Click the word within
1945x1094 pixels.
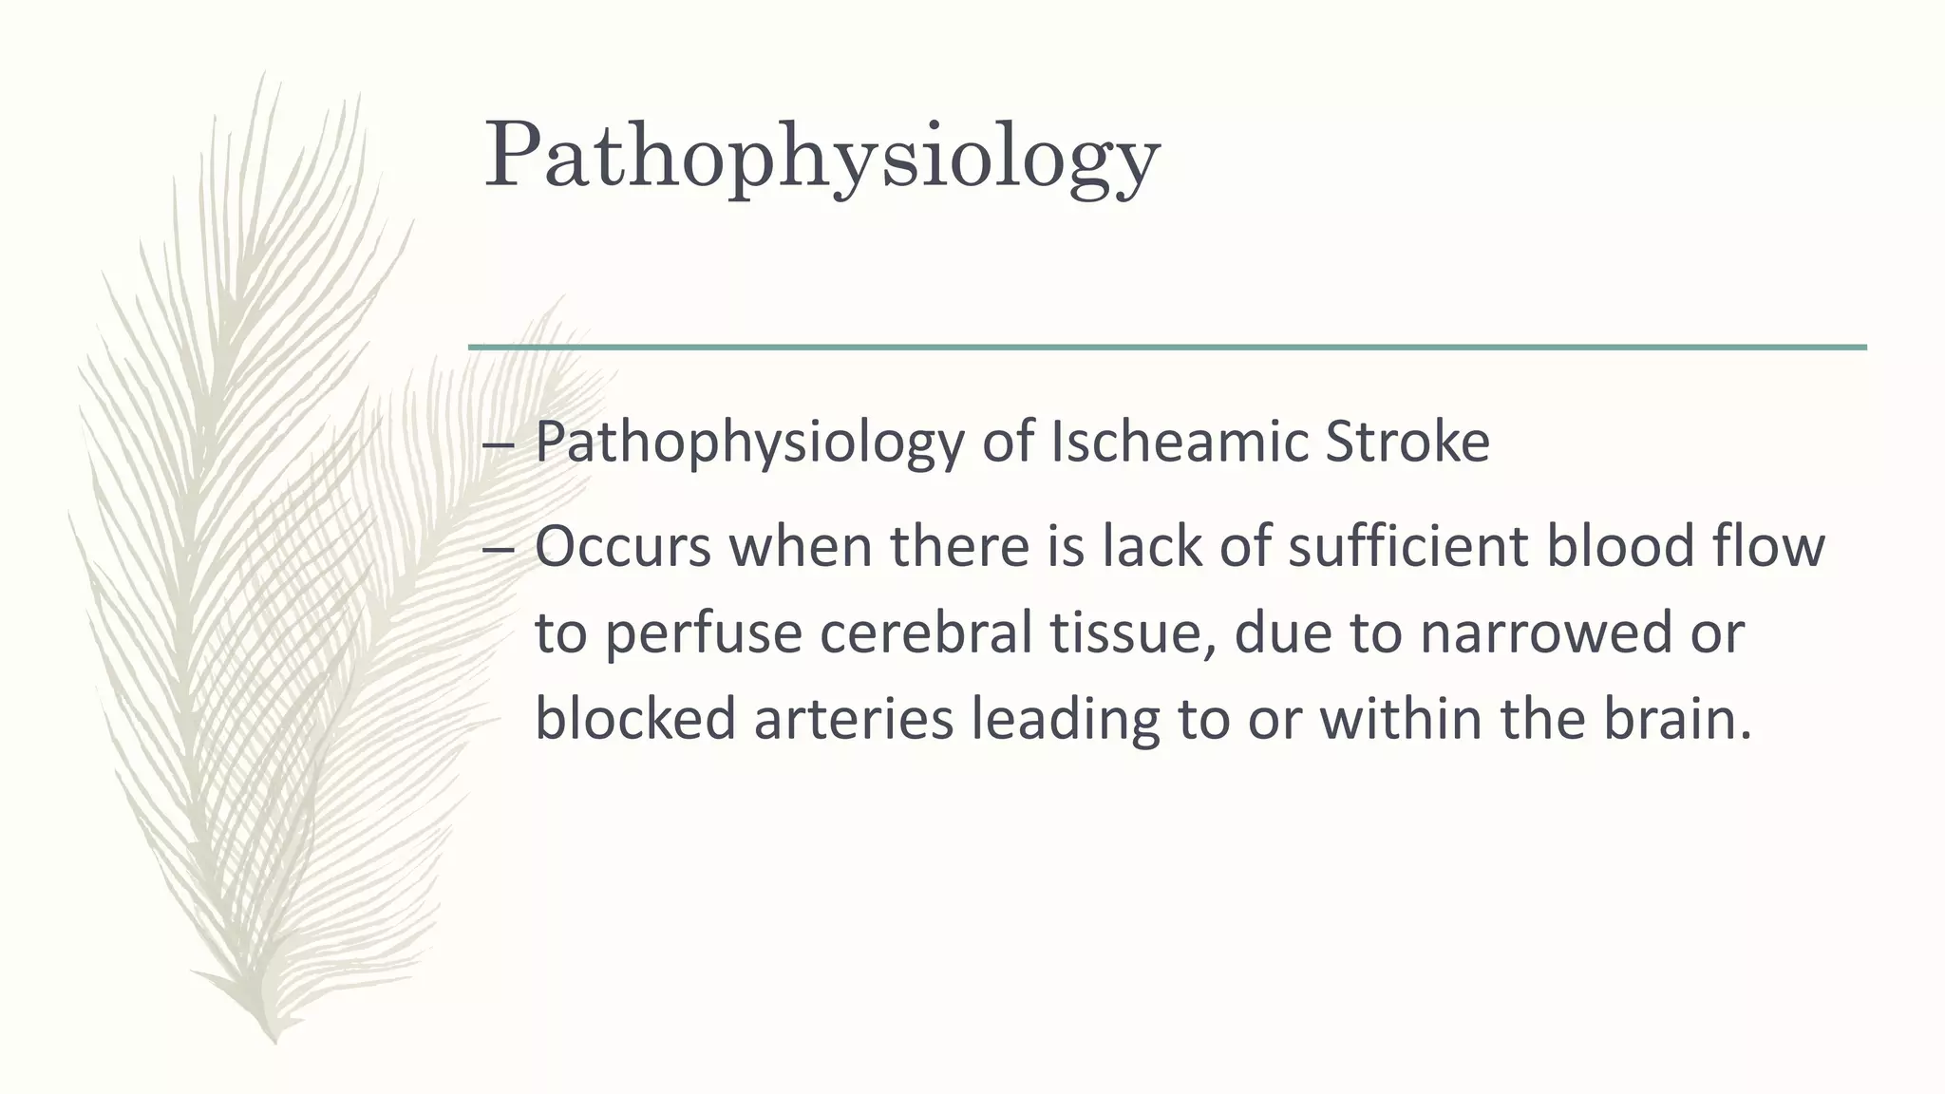[x=1402, y=719]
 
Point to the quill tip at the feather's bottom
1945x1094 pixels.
[x=274, y=1039]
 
